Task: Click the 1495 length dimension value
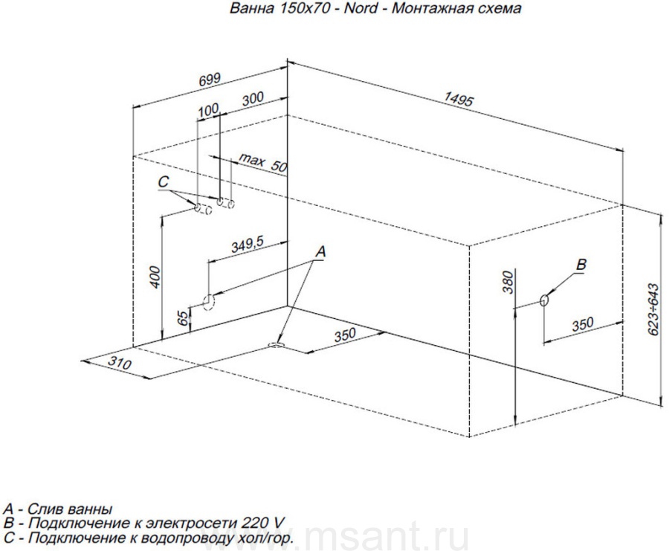click(459, 99)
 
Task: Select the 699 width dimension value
click(210, 80)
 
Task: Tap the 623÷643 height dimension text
click(653, 309)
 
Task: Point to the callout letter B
click(581, 264)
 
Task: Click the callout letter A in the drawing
click(321, 252)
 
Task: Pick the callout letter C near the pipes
click(164, 182)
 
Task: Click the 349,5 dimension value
click(248, 245)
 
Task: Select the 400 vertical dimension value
click(155, 277)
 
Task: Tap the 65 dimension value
click(183, 318)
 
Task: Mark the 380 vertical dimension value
click(508, 283)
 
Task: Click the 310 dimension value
click(119, 363)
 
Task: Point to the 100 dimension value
click(209, 110)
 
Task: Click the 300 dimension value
click(253, 99)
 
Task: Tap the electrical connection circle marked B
click(544, 300)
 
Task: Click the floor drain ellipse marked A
click(277, 344)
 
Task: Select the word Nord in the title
click(361, 8)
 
